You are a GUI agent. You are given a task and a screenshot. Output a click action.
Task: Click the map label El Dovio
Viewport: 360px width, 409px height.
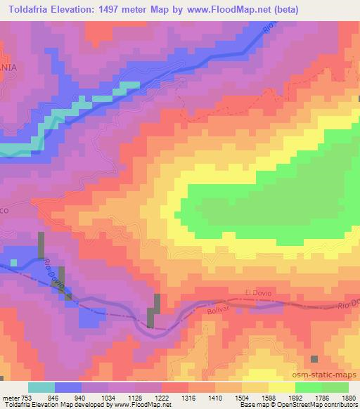(257, 292)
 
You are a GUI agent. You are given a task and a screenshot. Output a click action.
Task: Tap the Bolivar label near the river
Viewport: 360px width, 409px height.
(219, 308)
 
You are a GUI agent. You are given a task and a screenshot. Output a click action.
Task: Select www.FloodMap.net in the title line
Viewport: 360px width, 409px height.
(224, 9)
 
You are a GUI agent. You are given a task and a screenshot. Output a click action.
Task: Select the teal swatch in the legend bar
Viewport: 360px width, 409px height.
(41, 387)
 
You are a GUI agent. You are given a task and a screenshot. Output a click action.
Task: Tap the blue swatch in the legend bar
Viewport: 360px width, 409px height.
(68, 387)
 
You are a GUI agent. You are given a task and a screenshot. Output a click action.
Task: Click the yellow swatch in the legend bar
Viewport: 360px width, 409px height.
(282, 387)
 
